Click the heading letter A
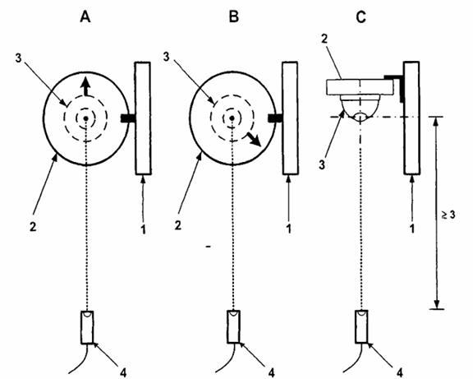pyautogui.click(x=85, y=17)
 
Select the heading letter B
pyautogui.click(x=234, y=16)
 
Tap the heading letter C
pyautogui.click(x=360, y=17)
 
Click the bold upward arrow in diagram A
pyautogui.click(x=86, y=86)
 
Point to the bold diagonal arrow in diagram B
pyautogui.click(x=254, y=139)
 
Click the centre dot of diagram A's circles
pyautogui.click(x=86, y=118)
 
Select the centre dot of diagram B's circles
pyautogui.click(x=232, y=118)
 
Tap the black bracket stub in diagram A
pyautogui.click(x=128, y=118)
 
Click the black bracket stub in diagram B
pyautogui.click(x=275, y=118)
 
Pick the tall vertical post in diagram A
pyautogui.click(x=143, y=118)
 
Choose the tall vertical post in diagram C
pyautogui.click(x=411, y=118)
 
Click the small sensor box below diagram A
pyautogui.click(x=87, y=327)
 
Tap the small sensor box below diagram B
pyautogui.click(x=233, y=326)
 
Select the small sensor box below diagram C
pyautogui.click(x=361, y=326)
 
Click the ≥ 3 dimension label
pyautogui.click(x=448, y=215)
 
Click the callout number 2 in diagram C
pyautogui.click(x=324, y=39)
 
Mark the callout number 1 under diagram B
pyautogui.click(x=289, y=229)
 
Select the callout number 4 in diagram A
pyautogui.click(x=123, y=372)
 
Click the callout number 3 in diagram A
pyautogui.click(x=19, y=58)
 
